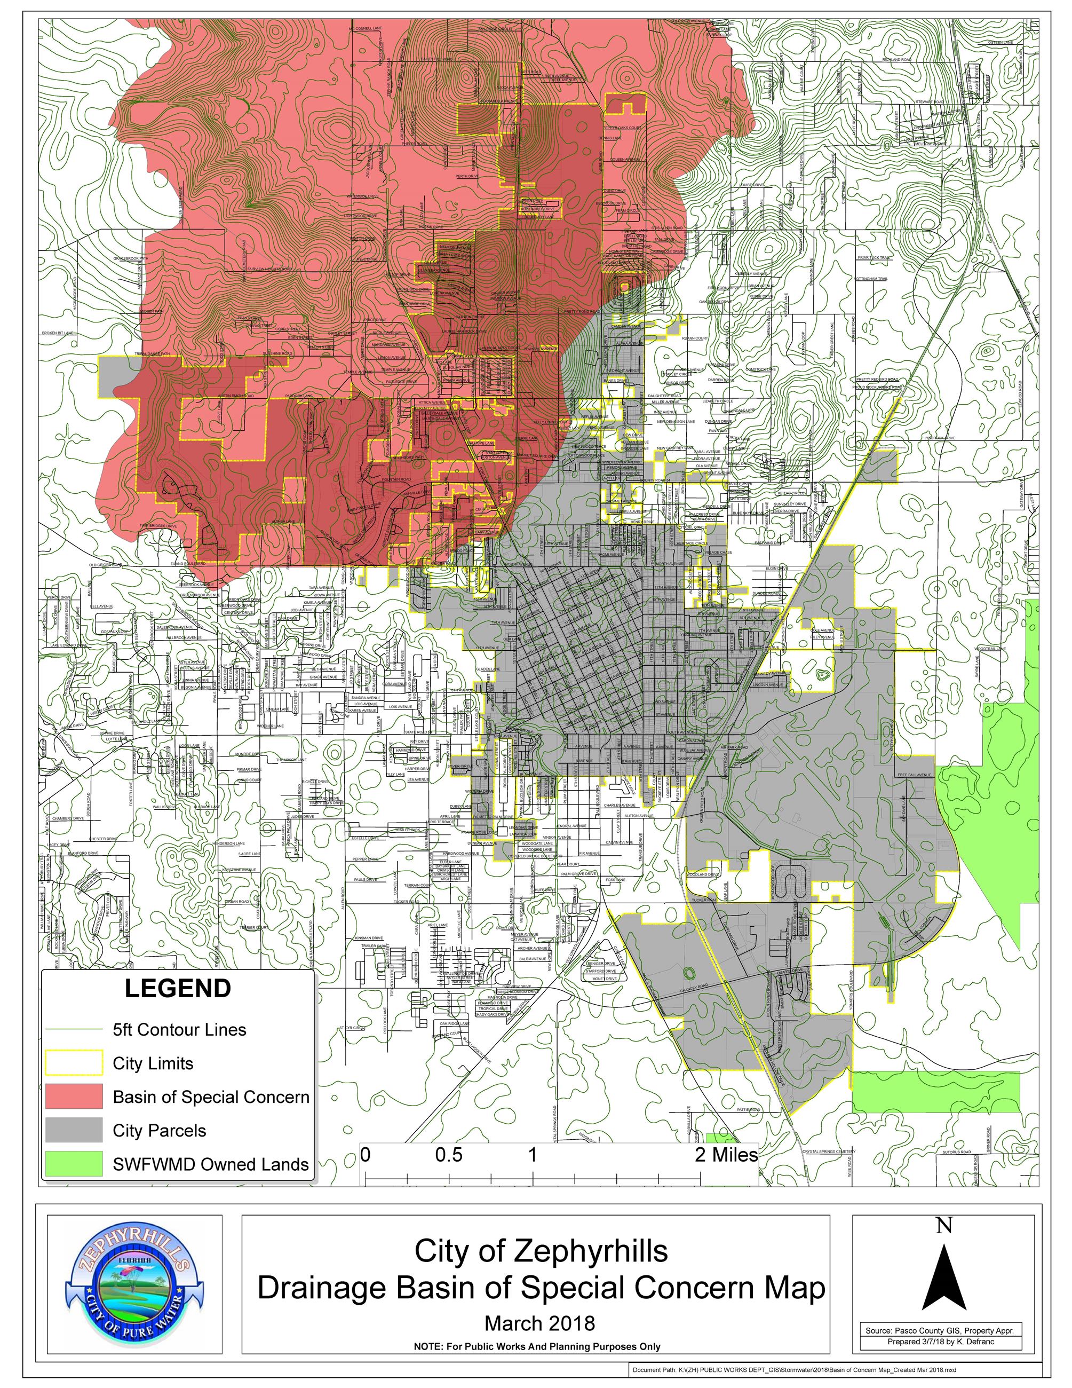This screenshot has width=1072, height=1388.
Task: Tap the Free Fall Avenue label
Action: pos(915,775)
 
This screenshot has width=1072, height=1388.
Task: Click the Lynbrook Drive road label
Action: pos(940,438)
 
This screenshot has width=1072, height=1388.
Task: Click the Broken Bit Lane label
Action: pos(58,333)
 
